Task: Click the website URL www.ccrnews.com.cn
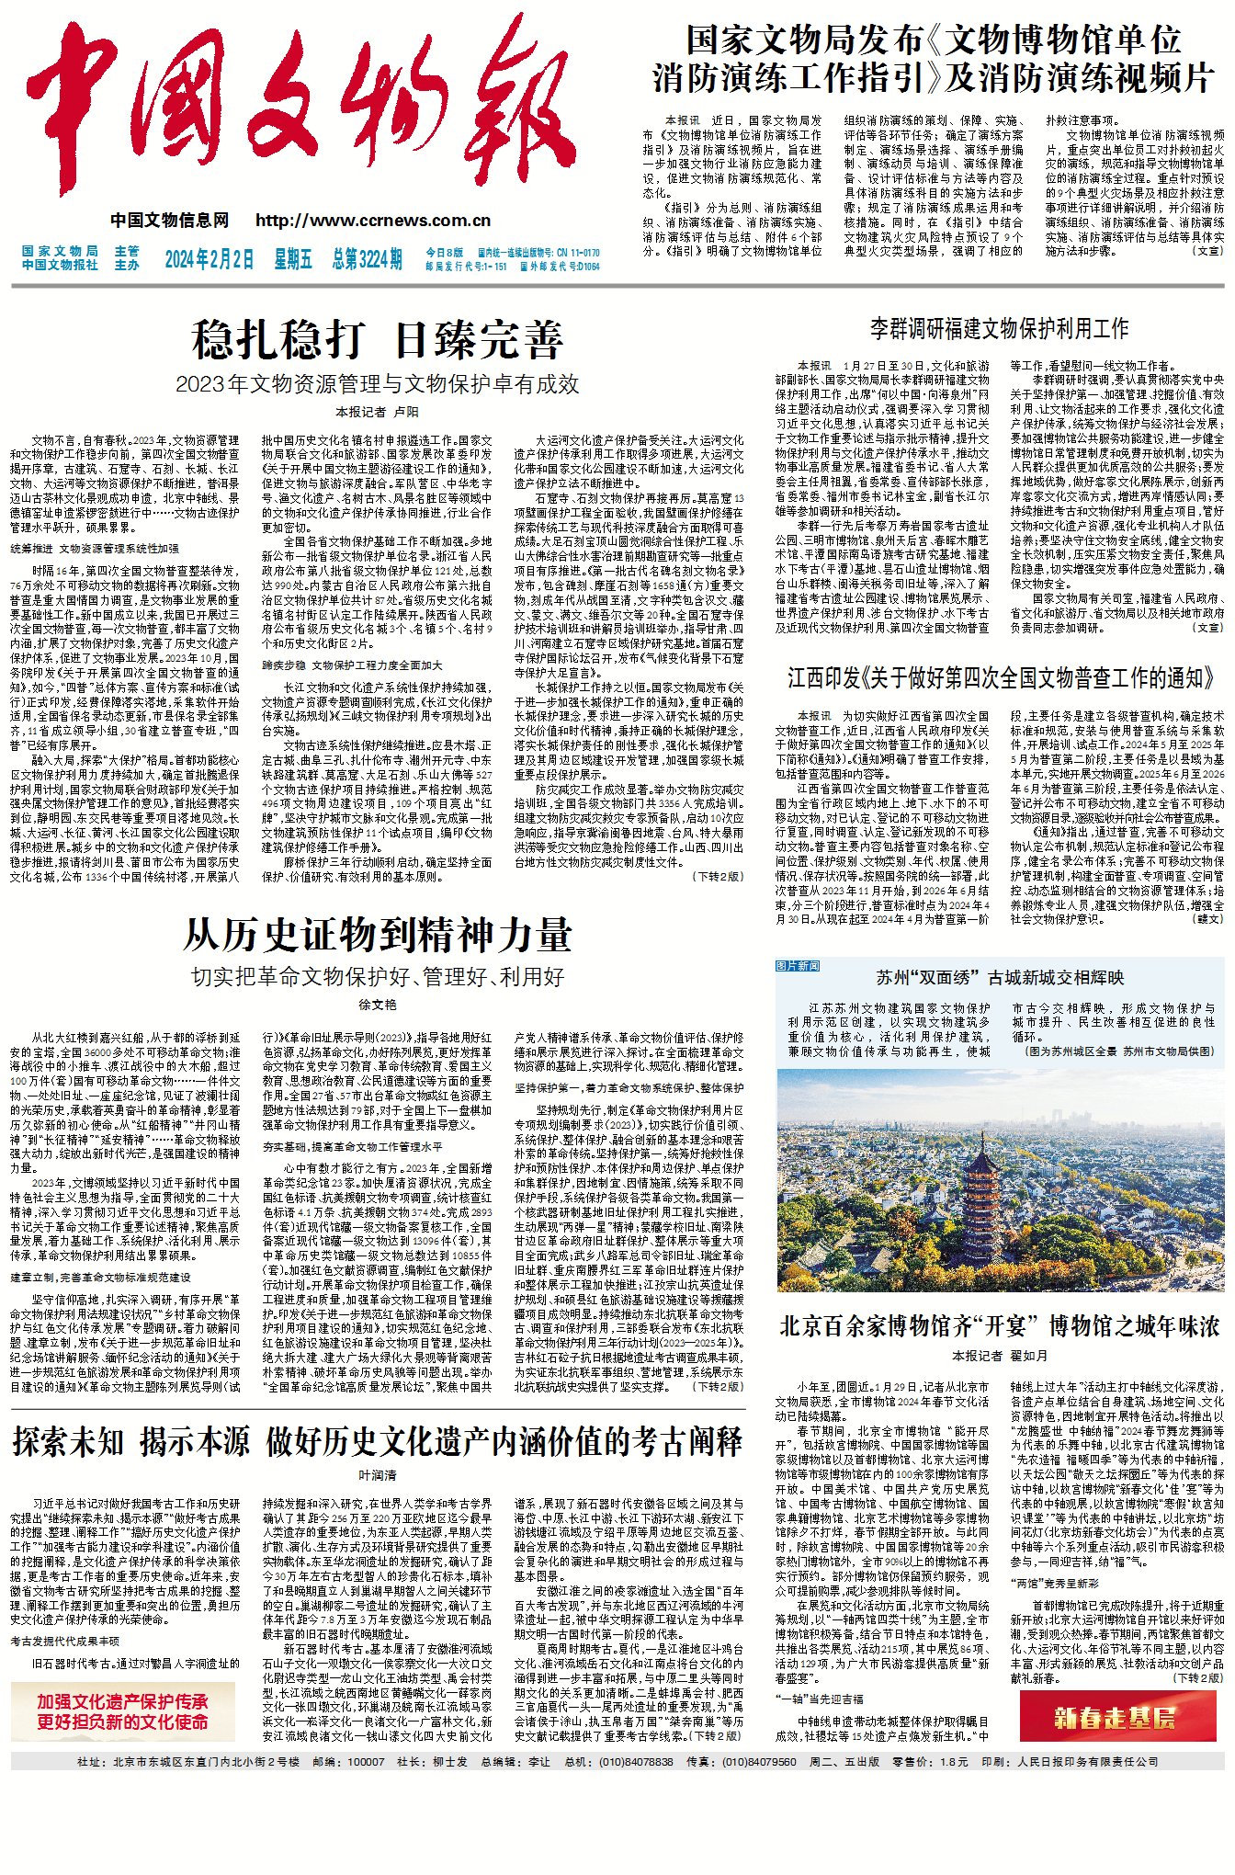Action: (x=373, y=221)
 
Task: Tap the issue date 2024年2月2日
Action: (x=210, y=259)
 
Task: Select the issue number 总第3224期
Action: (x=367, y=259)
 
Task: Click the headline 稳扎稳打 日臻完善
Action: (x=377, y=339)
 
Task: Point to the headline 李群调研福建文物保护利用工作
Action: (x=999, y=328)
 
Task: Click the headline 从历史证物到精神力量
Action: (x=377, y=936)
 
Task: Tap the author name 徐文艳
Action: (x=377, y=1006)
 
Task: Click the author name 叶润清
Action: (x=377, y=1475)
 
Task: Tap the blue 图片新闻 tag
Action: (x=798, y=966)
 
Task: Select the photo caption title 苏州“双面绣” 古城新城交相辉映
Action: (x=999, y=977)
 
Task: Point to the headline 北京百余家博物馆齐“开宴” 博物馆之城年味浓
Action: (x=999, y=1326)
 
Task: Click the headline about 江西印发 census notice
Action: (x=999, y=678)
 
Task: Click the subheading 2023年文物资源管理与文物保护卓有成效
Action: (x=377, y=383)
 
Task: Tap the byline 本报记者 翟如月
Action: (x=999, y=1356)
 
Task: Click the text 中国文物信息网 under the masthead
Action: (x=170, y=221)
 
